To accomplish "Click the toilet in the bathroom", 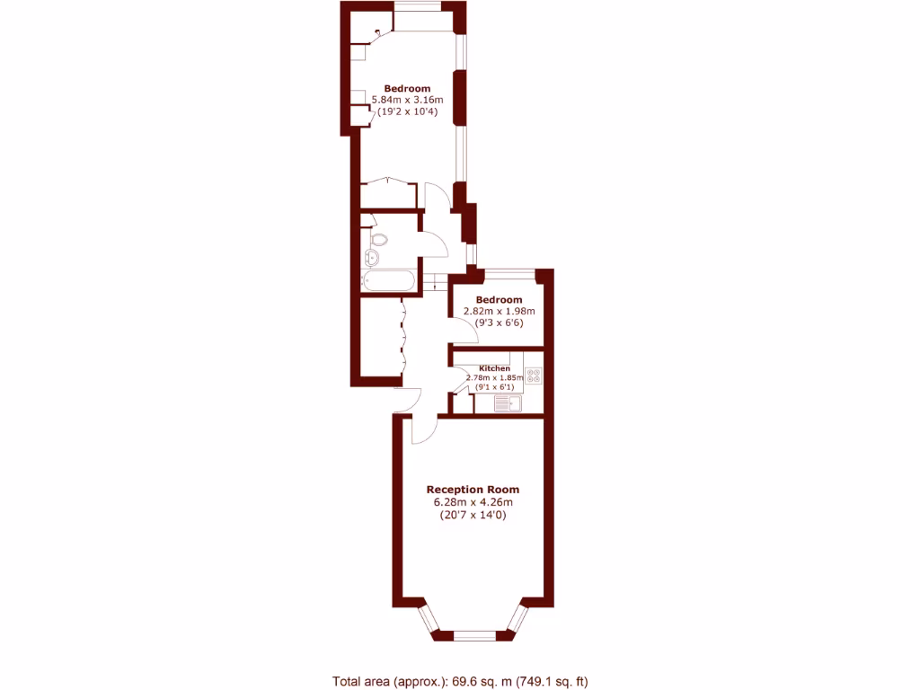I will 378,240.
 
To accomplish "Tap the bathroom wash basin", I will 371,259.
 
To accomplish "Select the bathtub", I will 389,280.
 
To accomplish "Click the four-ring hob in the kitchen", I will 533,376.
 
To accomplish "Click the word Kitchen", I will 494,368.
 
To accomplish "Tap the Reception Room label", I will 473,489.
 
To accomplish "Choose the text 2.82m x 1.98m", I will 499,311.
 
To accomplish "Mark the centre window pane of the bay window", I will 473,634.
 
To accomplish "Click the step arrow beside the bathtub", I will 436,286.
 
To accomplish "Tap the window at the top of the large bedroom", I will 421,7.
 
